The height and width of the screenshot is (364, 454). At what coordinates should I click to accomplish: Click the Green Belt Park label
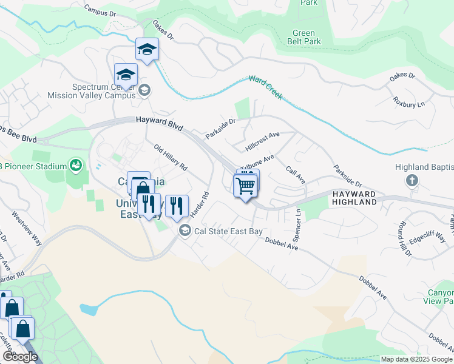pyautogui.click(x=303, y=37)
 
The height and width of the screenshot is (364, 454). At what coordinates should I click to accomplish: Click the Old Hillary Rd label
pyautogui.click(x=171, y=157)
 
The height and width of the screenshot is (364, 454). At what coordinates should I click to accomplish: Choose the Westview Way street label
pyautogui.click(x=28, y=227)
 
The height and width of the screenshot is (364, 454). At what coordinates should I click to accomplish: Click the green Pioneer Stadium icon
pyautogui.click(x=76, y=165)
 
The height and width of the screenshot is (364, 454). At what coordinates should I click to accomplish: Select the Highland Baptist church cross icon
pyautogui.click(x=412, y=180)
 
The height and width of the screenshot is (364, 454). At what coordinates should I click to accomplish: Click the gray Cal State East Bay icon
pyautogui.click(x=183, y=229)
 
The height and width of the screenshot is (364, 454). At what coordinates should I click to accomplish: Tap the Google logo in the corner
pyautogui.click(x=19, y=357)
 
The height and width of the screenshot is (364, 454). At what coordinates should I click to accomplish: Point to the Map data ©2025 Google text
pyautogui.click(x=416, y=359)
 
